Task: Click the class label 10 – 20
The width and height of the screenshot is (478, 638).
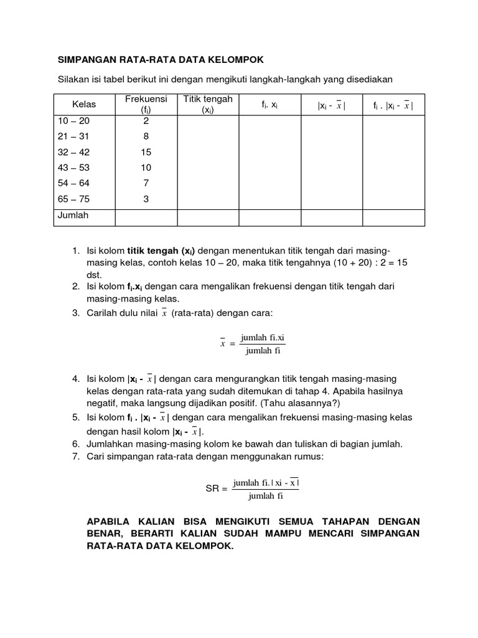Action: [x=73, y=121]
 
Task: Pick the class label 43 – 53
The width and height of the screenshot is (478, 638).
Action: [x=73, y=168]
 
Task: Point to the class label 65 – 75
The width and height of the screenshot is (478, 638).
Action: [x=73, y=199]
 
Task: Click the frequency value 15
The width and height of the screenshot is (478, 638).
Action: [x=146, y=153]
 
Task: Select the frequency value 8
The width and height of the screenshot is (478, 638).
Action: [x=146, y=137]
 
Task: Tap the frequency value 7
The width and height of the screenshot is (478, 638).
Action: [x=146, y=183]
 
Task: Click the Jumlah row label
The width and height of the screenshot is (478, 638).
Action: [x=73, y=216]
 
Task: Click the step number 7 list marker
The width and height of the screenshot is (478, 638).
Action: [x=75, y=457]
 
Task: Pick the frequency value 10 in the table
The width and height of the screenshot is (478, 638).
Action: [x=146, y=168]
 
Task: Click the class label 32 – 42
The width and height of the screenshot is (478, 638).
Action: [x=73, y=153]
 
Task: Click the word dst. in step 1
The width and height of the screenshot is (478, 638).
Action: [x=93, y=274]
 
